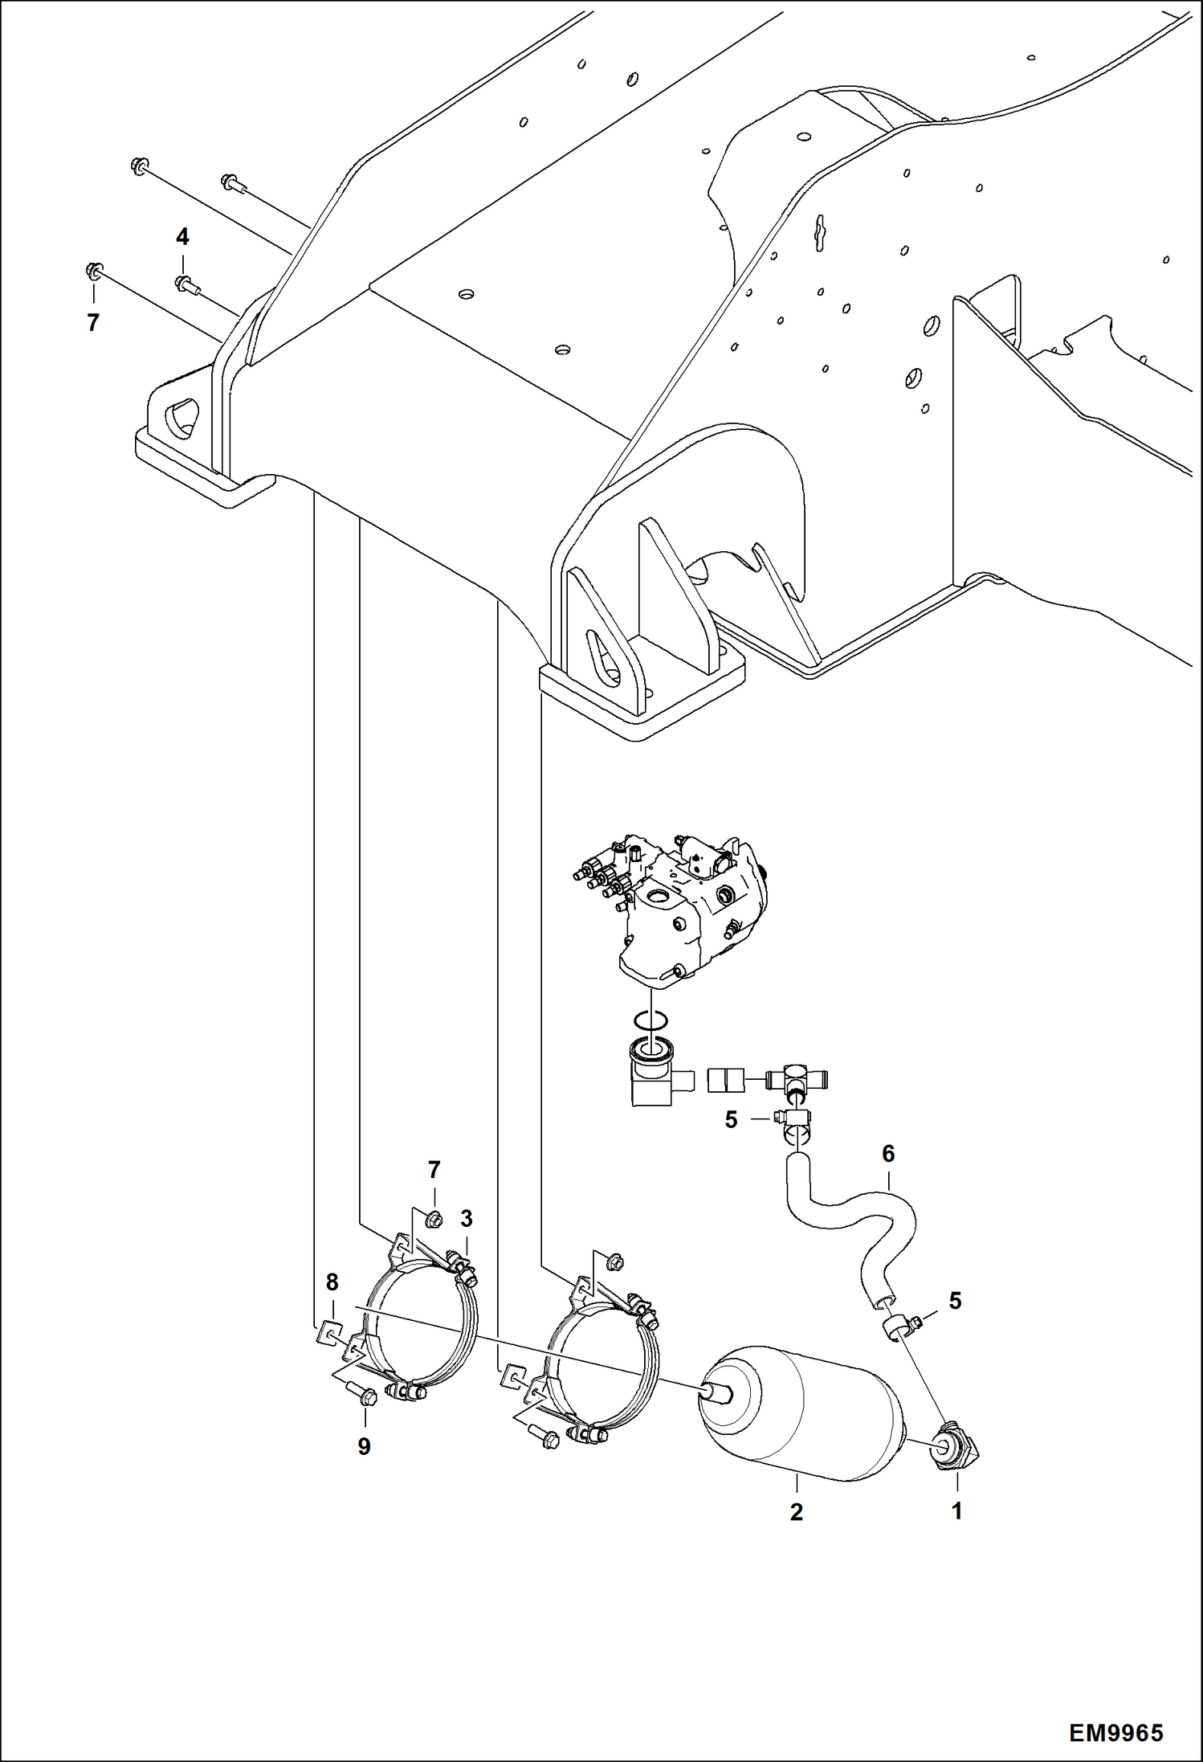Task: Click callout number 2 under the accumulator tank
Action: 796,1512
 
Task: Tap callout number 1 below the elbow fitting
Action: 956,1511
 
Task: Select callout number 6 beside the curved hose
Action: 887,1154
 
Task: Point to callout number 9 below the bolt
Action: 364,1446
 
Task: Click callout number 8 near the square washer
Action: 332,1282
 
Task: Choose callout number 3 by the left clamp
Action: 467,1219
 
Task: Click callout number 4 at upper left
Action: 182,237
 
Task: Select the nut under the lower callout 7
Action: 434,1219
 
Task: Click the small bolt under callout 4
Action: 186,283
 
